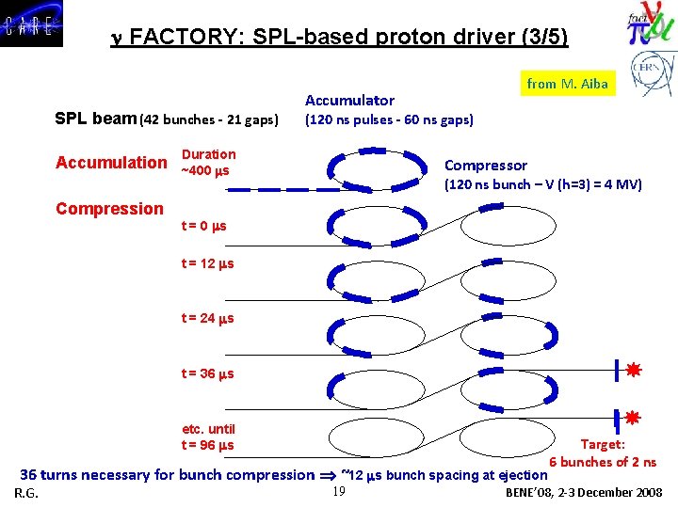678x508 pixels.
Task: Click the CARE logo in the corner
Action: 32,24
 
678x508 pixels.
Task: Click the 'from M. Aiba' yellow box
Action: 567,84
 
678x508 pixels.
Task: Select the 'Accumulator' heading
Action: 349,100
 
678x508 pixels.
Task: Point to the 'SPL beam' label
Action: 96,119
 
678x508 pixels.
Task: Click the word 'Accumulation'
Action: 110,163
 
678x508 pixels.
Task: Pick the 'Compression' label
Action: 109,209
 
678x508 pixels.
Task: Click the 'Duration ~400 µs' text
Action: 208,162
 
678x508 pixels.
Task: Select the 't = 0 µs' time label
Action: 203,226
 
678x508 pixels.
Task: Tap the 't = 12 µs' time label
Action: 207,263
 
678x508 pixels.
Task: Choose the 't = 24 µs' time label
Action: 207,318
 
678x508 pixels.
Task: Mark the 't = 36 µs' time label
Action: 207,373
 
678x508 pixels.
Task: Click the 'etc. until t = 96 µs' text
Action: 207,437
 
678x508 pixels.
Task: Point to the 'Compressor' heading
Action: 485,166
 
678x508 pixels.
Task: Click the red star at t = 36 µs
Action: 634,370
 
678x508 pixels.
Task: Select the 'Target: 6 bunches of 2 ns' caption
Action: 603,453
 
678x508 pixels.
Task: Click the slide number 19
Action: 340,491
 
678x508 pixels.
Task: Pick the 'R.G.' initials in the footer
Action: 26,494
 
